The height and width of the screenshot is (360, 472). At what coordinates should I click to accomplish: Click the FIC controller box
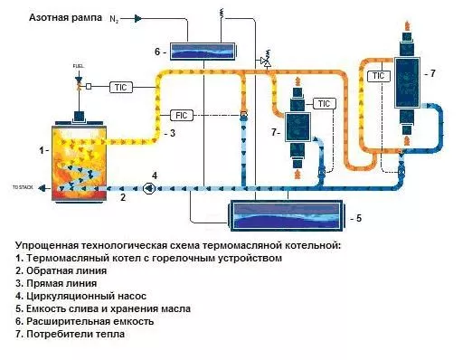(x=182, y=115)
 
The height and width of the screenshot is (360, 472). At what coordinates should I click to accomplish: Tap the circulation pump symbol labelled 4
(x=149, y=188)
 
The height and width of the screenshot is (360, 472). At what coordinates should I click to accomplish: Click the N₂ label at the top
(x=115, y=17)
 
